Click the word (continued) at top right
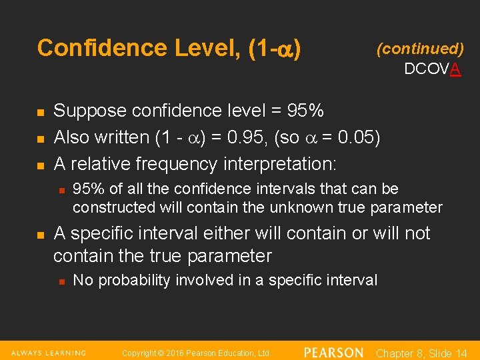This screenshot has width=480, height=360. (420, 48)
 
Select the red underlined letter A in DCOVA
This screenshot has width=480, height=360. (455, 69)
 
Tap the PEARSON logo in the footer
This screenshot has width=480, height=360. (333, 353)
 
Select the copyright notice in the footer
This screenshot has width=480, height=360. (196, 353)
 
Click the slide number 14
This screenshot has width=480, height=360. (460, 353)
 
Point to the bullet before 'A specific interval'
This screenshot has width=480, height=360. (40, 235)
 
